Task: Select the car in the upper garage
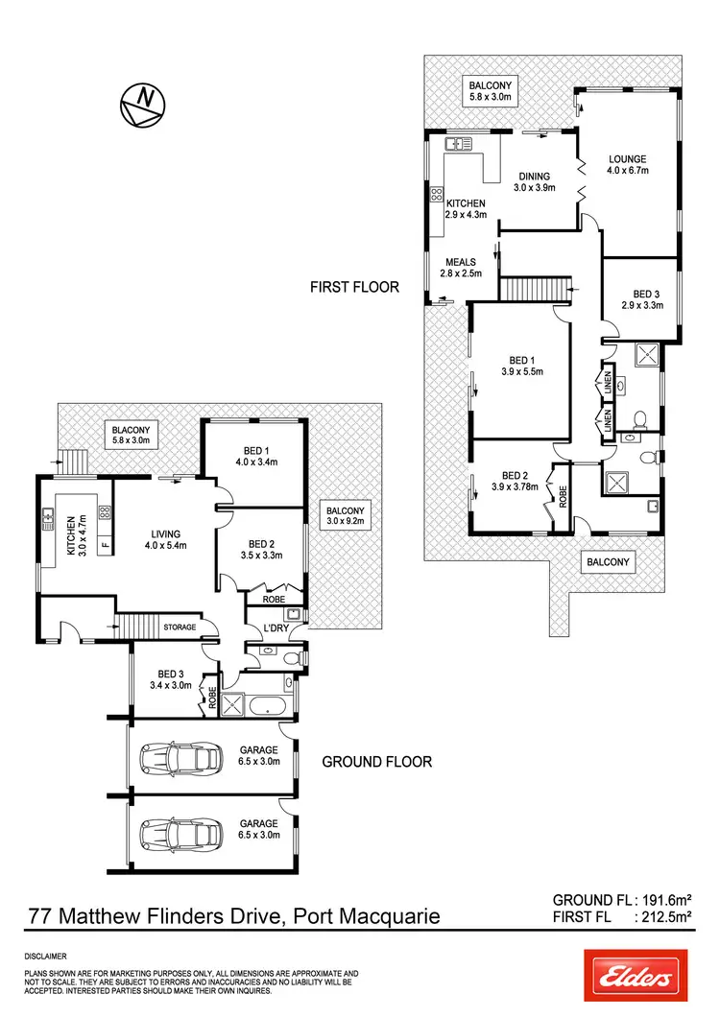[x=179, y=759]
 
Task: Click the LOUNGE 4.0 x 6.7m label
[x=628, y=165]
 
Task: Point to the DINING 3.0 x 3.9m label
[x=534, y=182]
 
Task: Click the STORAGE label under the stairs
[x=179, y=627]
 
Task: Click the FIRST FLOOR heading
[x=353, y=286]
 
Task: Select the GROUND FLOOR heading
[x=376, y=762]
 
